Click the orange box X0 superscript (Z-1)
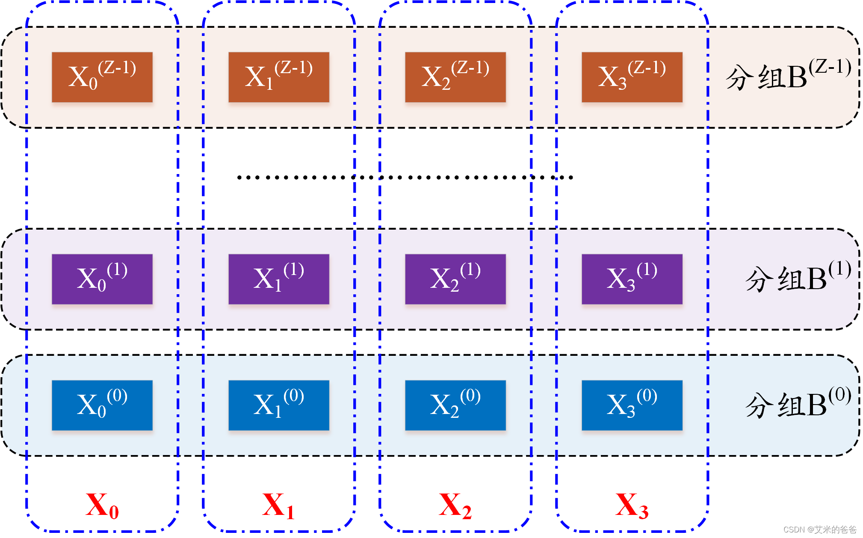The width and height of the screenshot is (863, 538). tap(102, 77)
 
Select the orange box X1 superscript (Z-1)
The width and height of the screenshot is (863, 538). tap(279, 77)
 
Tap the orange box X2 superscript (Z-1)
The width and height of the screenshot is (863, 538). tap(455, 77)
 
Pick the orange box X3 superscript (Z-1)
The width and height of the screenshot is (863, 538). tap(632, 77)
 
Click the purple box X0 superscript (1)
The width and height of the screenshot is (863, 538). tap(102, 279)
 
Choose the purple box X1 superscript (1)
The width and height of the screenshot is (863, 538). tap(279, 279)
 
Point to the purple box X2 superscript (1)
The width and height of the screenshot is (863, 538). tap(455, 279)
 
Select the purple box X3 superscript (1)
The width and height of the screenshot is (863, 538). tap(632, 279)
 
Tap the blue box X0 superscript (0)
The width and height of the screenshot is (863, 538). tap(102, 405)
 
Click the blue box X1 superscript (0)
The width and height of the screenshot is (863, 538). tap(279, 405)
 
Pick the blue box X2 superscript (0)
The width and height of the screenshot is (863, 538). tap(455, 405)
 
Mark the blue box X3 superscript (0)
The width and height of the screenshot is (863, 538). tap(632, 405)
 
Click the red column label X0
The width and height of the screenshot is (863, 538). tap(102, 506)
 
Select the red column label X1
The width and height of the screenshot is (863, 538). tap(279, 506)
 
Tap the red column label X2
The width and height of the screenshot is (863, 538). tap(455, 506)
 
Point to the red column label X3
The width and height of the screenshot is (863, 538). tap(632, 506)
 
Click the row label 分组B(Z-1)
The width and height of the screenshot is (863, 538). tap(788, 76)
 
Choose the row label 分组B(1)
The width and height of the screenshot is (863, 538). tap(798, 278)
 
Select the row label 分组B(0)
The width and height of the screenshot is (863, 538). tap(798, 404)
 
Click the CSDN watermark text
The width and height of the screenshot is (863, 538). tap(820, 529)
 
